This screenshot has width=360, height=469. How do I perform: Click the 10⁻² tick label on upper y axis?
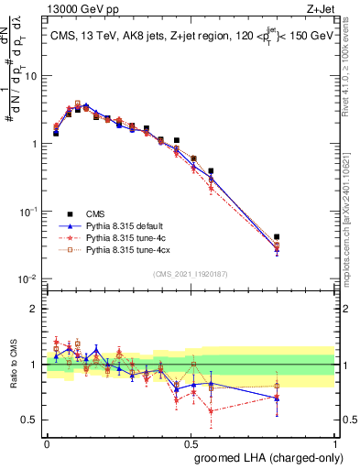pyautogui.click(x=27, y=278)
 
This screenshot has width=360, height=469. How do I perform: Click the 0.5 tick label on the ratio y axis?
pyautogui.click(x=32, y=420)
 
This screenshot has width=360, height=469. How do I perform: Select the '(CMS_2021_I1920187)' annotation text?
pyautogui.click(x=190, y=272)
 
